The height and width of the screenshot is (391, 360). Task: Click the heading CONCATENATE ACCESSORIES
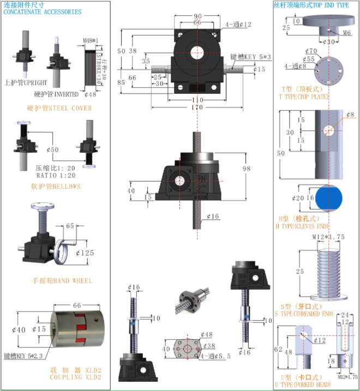43,11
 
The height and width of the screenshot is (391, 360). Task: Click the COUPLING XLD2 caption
75,377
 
